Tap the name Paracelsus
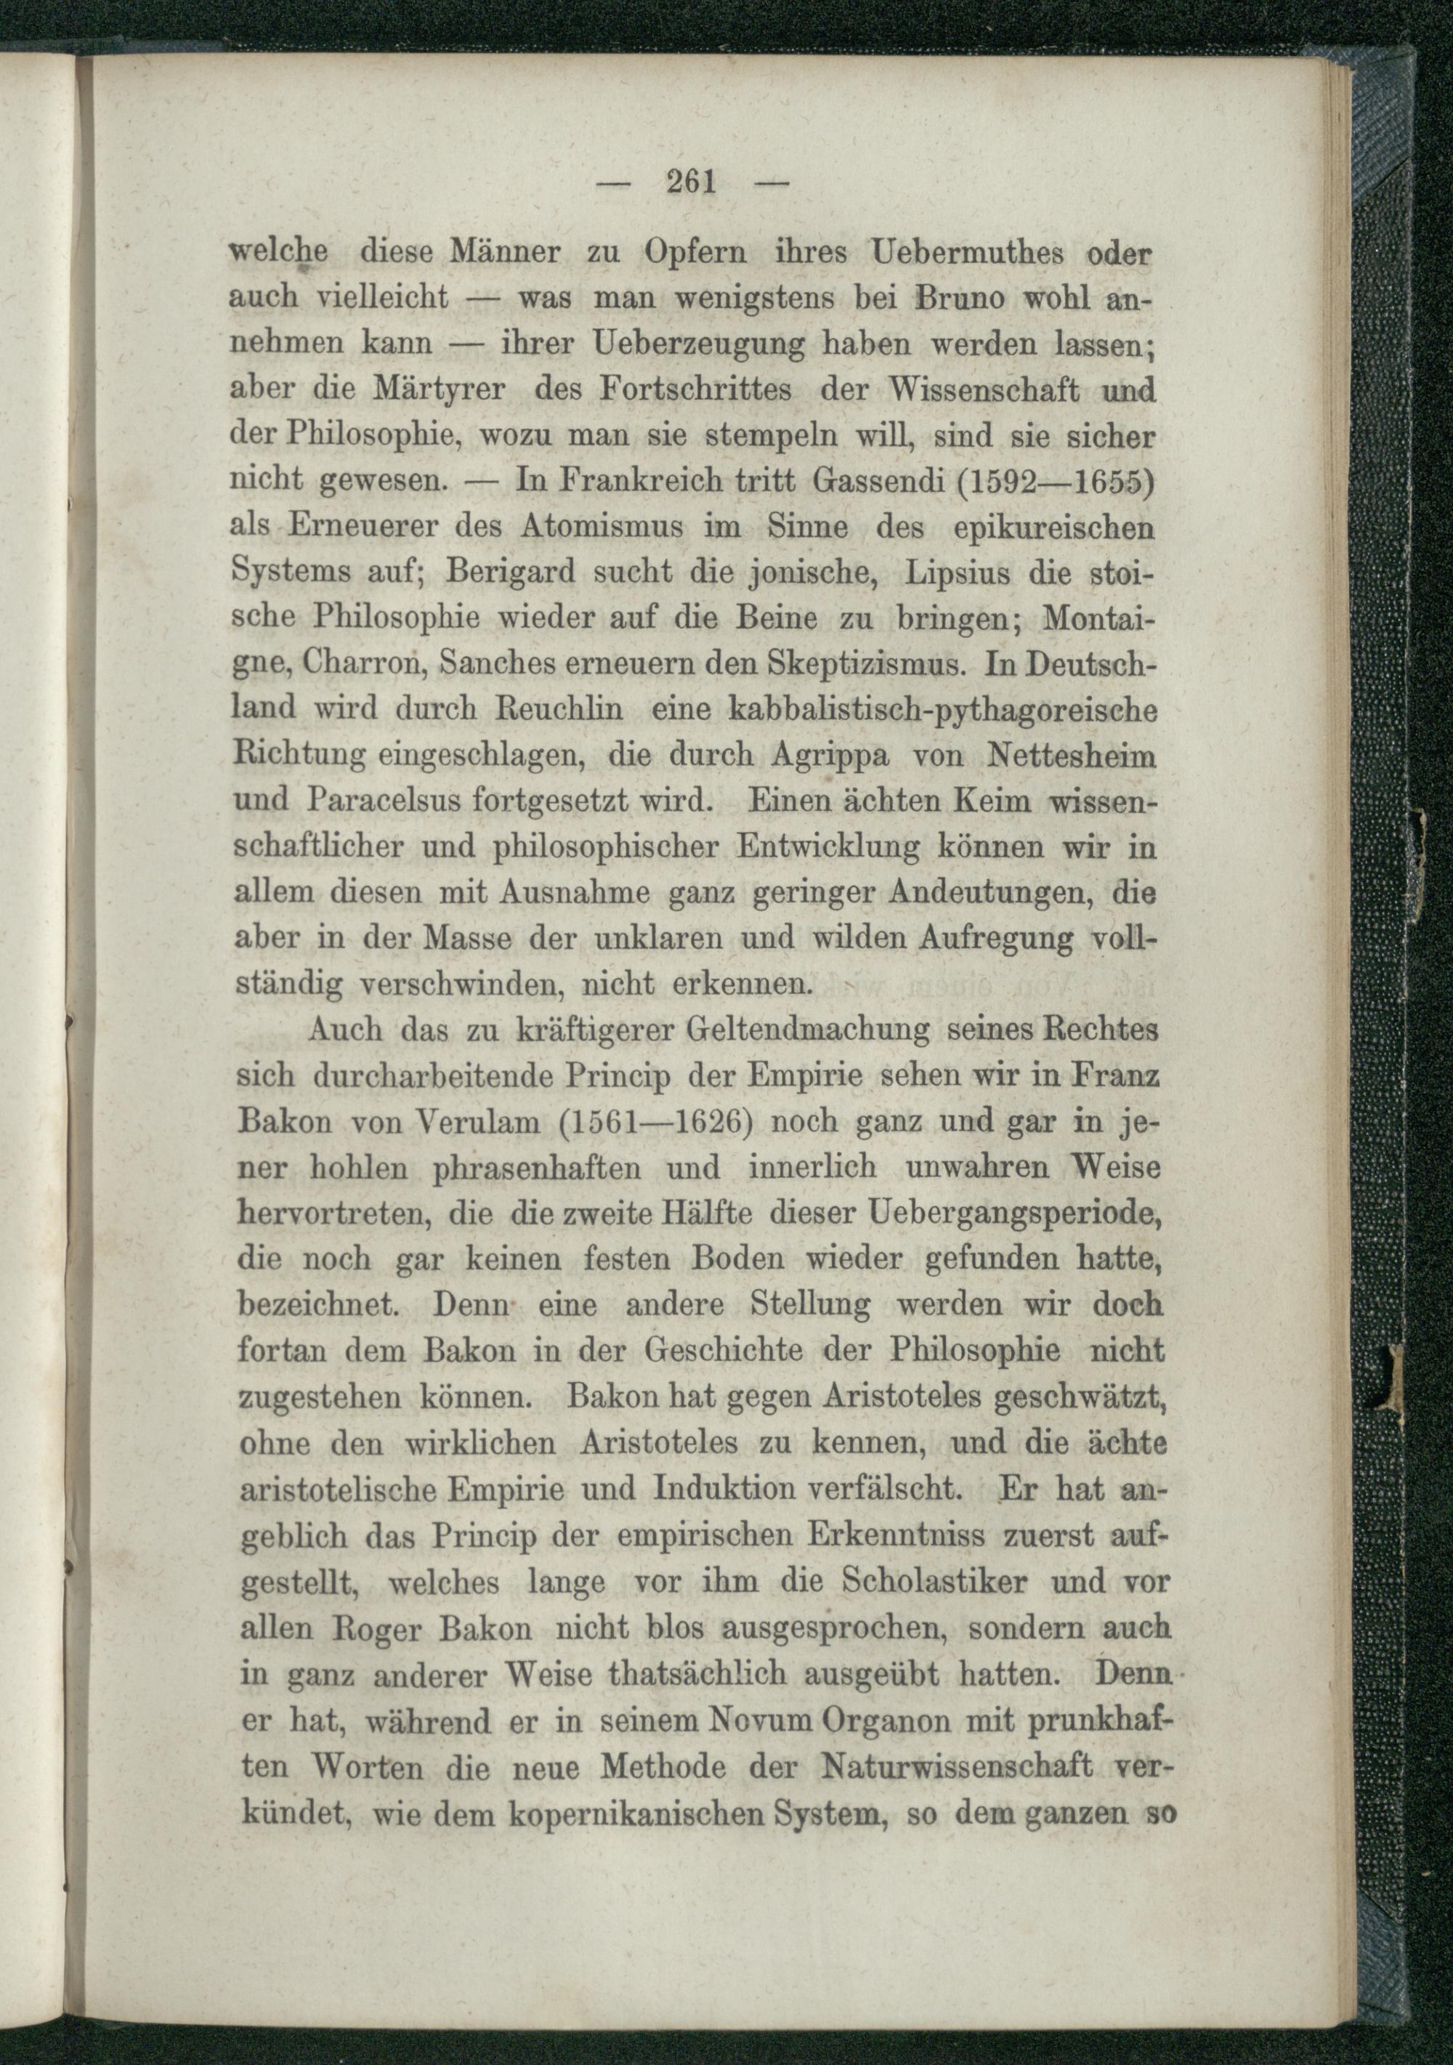[x=383, y=801]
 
